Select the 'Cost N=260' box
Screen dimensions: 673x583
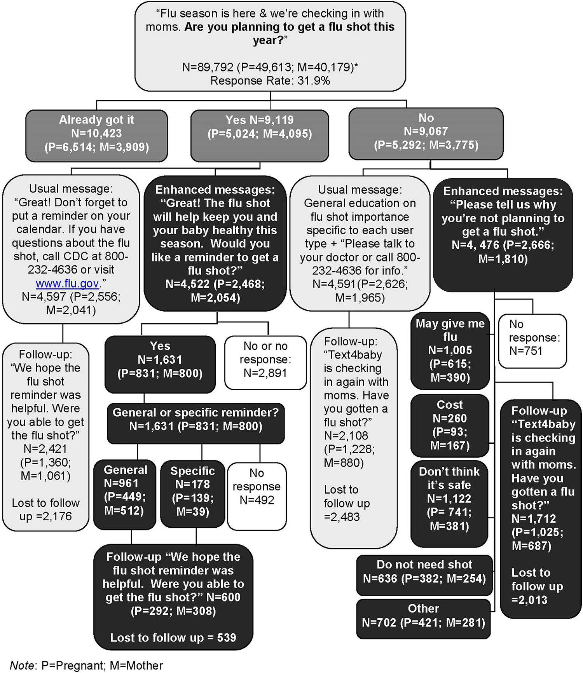pos(450,425)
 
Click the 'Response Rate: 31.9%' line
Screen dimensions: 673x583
pos(270,81)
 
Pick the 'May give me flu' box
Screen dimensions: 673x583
pos(450,350)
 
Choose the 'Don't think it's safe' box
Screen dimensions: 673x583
pos(449,499)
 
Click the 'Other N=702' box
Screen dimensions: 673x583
pos(423,615)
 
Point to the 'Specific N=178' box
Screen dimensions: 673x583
pos(192,491)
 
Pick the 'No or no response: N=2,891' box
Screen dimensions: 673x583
pos(265,359)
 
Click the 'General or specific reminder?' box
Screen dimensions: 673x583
pos(195,419)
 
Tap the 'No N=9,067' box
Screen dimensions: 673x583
pos(426,131)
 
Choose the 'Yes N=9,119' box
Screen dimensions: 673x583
pos(260,127)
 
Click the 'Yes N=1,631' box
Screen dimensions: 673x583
pos(160,359)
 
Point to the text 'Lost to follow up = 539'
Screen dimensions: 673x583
pos(173,638)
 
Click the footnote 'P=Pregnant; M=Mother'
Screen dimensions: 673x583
pos(102,666)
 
